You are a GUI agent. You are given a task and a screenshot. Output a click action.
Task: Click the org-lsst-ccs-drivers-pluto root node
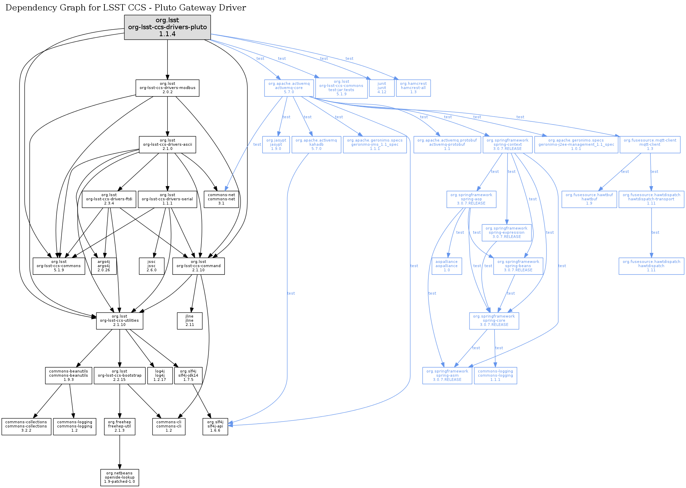[167, 27]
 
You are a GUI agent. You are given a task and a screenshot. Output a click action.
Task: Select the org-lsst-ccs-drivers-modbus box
[167, 88]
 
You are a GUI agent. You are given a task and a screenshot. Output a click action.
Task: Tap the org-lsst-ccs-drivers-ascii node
[167, 144]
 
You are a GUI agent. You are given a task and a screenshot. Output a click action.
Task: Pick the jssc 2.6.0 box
[151, 266]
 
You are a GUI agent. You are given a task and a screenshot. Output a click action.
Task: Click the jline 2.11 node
[190, 321]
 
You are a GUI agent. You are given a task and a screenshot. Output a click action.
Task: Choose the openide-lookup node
[120, 478]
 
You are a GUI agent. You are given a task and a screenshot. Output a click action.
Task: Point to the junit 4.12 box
[382, 88]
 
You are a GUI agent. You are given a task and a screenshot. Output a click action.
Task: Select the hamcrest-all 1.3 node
[413, 88]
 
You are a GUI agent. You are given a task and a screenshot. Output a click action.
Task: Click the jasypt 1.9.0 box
[276, 144]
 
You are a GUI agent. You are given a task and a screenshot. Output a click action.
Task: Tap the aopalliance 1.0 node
[447, 266]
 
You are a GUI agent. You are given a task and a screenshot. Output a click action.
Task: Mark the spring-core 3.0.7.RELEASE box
[494, 321]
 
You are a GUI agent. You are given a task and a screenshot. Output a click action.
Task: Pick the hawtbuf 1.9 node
[589, 199]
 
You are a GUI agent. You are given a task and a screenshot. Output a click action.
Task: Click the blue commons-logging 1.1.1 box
[495, 376]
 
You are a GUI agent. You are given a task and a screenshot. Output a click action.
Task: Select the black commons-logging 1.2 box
[74, 426]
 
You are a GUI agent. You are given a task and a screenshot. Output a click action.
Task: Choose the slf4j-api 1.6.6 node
[215, 426]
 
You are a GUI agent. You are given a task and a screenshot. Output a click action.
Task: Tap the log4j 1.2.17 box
[160, 376]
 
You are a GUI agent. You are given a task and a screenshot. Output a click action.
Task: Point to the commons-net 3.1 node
[221, 199]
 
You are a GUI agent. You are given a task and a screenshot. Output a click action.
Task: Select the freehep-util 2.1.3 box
[120, 426]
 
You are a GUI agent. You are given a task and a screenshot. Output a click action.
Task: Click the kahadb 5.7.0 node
[316, 144]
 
